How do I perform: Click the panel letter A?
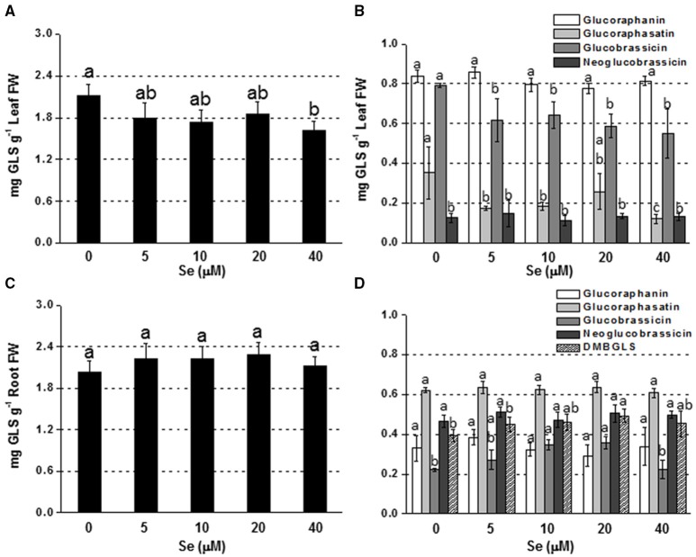(x=8, y=10)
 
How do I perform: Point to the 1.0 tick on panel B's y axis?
(x=375, y=43)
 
